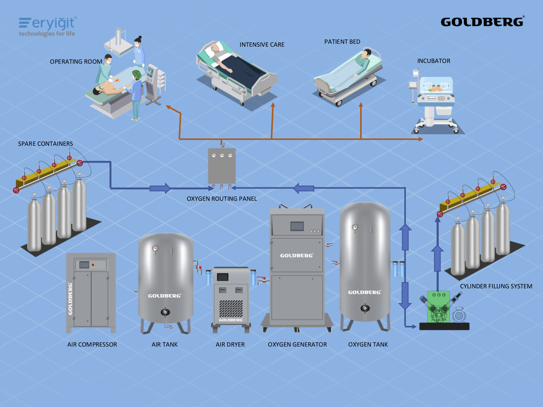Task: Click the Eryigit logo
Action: (47, 26)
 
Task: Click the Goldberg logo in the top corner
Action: (482, 22)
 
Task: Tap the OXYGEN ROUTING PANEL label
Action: (222, 199)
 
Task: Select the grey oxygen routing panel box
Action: (222, 166)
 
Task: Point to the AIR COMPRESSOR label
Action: (92, 344)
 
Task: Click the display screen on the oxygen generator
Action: (297, 226)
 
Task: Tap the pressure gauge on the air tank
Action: (155, 248)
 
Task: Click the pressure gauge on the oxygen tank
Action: (355, 227)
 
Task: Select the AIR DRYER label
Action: (230, 344)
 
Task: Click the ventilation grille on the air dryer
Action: (231, 308)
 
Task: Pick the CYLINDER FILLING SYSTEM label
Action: (496, 286)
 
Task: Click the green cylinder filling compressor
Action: (438, 307)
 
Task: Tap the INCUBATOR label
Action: (434, 61)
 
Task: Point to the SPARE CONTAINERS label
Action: (46, 144)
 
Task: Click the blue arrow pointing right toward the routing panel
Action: (160, 188)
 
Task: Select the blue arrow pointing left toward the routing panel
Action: (304, 188)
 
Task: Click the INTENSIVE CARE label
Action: (262, 44)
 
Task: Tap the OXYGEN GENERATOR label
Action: (297, 344)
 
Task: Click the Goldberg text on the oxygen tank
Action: (364, 292)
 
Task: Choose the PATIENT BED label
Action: (342, 42)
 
